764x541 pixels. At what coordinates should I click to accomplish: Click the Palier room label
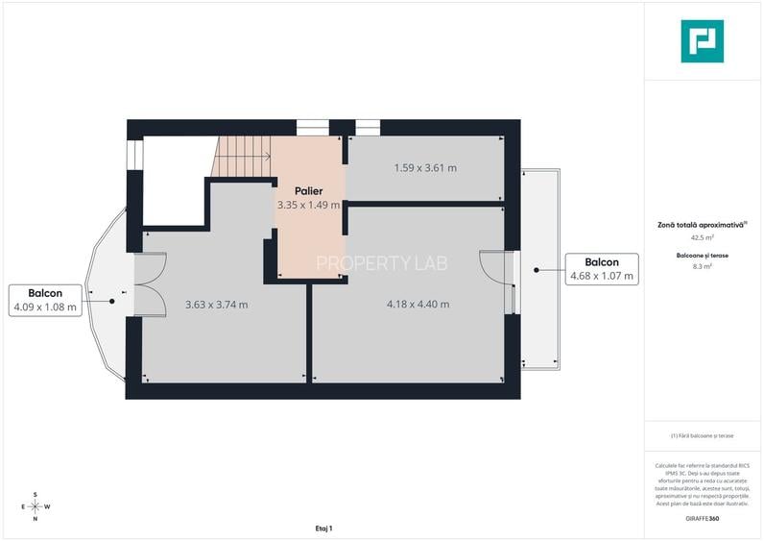point(308,191)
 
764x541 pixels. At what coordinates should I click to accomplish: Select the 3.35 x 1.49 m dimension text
point(308,205)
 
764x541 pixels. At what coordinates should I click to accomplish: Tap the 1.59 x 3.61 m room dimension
point(425,168)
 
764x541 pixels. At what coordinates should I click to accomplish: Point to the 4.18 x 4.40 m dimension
point(418,305)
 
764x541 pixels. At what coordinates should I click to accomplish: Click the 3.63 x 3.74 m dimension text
point(216,306)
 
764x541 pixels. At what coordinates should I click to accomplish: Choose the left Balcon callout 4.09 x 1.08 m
point(45,301)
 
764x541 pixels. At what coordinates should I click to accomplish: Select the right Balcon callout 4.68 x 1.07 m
point(602,269)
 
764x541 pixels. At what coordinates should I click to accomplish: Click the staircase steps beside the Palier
point(242,157)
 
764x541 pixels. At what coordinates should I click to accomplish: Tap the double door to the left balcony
point(150,284)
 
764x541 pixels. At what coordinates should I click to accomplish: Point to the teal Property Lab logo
point(702,41)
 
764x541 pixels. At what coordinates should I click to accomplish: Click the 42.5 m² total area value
point(702,236)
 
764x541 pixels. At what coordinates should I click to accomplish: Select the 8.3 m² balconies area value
point(702,266)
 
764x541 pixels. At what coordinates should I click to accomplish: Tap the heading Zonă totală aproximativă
point(702,224)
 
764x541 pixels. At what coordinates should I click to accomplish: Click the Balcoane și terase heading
point(702,255)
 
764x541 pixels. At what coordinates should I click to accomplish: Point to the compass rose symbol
point(35,506)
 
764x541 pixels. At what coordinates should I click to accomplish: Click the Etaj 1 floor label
point(322,529)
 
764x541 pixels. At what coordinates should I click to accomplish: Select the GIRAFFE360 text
point(702,519)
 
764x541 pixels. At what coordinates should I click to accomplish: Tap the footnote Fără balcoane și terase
point(702,435)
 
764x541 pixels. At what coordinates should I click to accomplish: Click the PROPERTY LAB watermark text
point(382,262)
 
